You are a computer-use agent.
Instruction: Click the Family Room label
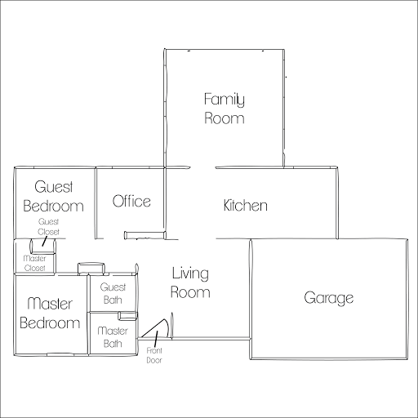[x=225, y=109]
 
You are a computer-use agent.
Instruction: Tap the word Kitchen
[x=245, y=205]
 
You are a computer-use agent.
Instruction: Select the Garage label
[x=329, y=298]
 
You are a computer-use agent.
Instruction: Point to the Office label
[x=131, y=201]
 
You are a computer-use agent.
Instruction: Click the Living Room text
[x=190, y=282]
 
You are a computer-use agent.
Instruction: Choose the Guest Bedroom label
[x=53, y=196]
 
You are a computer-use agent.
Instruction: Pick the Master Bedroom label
[x=50, y=313]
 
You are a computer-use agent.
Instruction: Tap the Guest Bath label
[x=113, y=293]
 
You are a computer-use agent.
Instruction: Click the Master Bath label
[x=113, y=337]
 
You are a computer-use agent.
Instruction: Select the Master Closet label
[x=34, y=263]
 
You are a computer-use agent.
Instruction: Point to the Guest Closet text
[x=48, y=226]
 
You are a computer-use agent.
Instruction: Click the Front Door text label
[x=154, y=355]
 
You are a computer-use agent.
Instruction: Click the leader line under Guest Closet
[x=45, y=241]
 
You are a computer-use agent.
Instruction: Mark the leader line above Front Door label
[x=156, y=339]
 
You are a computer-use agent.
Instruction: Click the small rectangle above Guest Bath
[x=91, y=268]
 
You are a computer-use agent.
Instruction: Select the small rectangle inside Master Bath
[x=127, y=316]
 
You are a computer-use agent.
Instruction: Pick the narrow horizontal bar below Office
[x=145, y=235]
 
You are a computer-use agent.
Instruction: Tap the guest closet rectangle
[x=42, y=247]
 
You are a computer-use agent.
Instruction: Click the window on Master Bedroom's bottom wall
[x=60, y=354]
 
